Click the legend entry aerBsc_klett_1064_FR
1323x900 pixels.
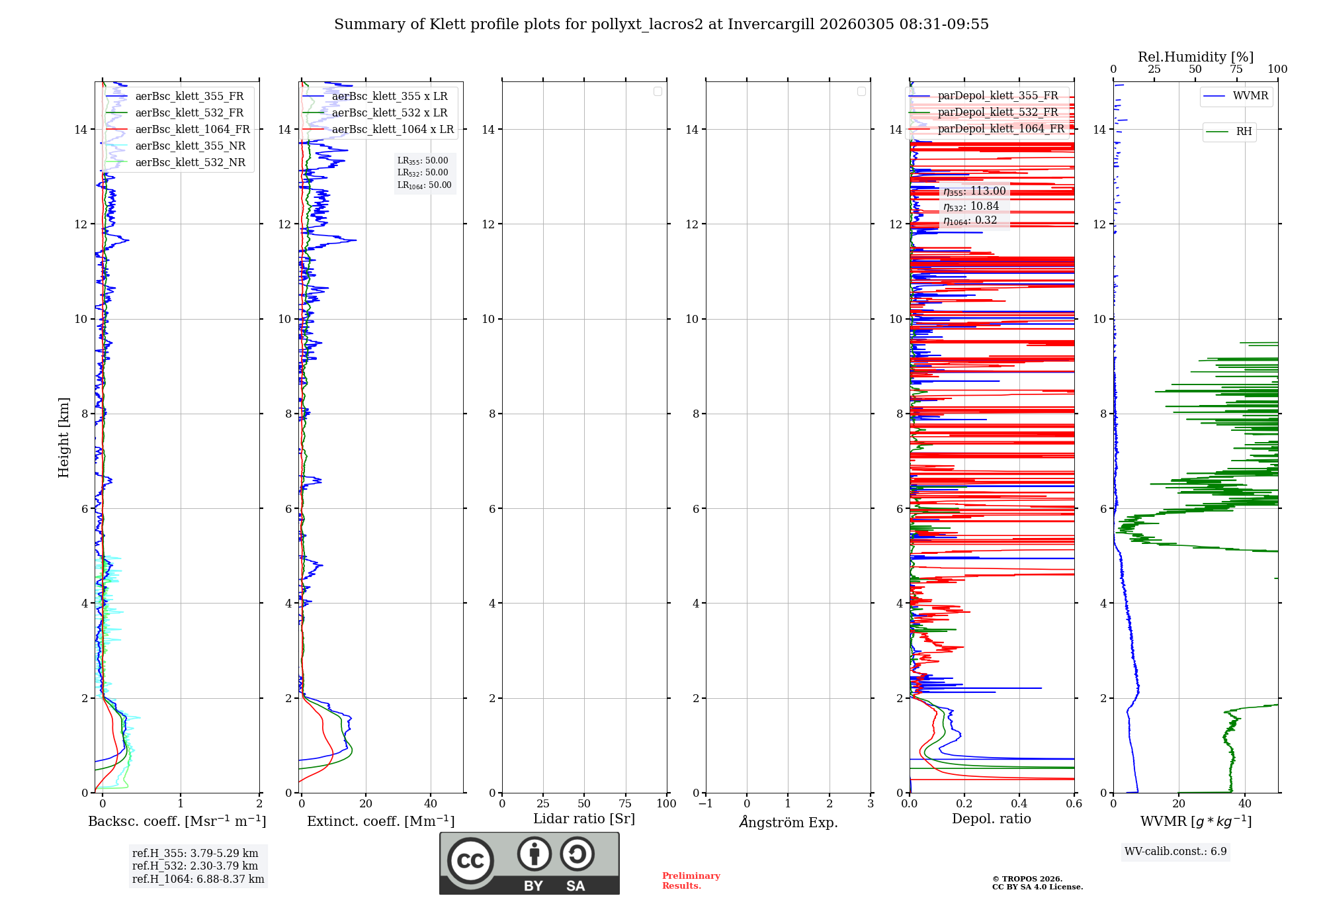pyautogui.click(x=192, y=130)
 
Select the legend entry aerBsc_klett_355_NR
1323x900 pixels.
pyautogui.click(x=190, y=146)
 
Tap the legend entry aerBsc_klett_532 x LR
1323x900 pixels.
pyautogui.click(x=389, y=113)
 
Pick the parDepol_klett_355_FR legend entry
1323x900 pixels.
pyautogui.click(x=998, y=96)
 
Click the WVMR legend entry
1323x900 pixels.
pyautogui.click(x=1250, y=96)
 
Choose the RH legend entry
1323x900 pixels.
pyautogui.click(x=1244, y=132)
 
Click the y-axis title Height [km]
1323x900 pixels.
pyautogui.click(x=64, y=437)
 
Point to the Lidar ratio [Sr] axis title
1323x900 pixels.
pyautogui.click(x=584, y=819)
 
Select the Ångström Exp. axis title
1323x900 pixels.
pyautogui.click(x=788, y=822)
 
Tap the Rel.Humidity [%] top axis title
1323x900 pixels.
pyautogui.click(x=1195, y=57)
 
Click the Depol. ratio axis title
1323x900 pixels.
pyautogui.click(x=991, y=819)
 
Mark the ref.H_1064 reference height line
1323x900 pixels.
pyautogui.click(x=198, y=879)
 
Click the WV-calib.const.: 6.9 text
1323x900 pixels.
pyautogui.click(x=1175, y=852)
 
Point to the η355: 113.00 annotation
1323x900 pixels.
pyautogui.click(x=974, y=191)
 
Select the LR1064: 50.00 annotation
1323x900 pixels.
pyautogui.click(x=424, y=185)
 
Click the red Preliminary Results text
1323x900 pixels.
pyautogui.click(x=691, y=881)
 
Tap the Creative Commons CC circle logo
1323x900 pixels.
pyautogui.click(x=470, y=860)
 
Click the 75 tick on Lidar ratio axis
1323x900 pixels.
pyautogui.click(x=625, y=804)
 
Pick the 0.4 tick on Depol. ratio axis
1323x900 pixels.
pyautogui.click(x=1019, y=804)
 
